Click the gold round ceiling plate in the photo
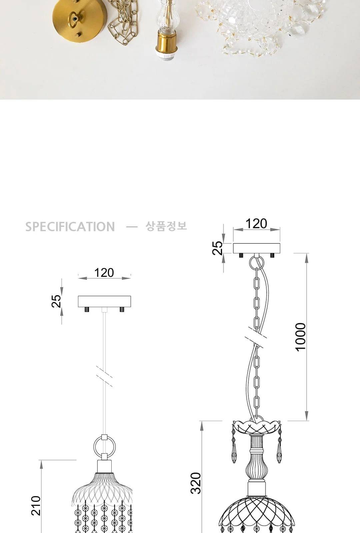point(80,20)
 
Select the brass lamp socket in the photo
point(167,45)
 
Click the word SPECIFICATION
point(70,227)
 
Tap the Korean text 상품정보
point(166,226)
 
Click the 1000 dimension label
point(300,337)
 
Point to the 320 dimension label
point(196,483)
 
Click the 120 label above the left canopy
point(104,273)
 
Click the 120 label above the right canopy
point(256,224)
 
